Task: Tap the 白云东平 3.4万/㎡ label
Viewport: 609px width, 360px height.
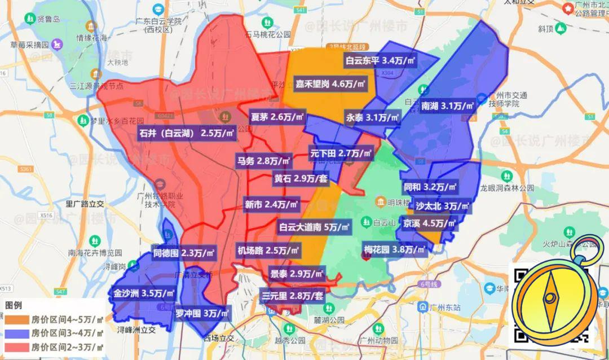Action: (x=381, y=60)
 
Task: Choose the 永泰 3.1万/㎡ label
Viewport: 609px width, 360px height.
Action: (x=373, y=118)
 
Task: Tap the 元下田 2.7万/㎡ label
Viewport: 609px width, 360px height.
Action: (x=341, y=152)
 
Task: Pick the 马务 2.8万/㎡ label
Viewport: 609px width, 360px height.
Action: (x=264, y=161)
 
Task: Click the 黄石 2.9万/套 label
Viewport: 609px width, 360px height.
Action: (x=301, y=178)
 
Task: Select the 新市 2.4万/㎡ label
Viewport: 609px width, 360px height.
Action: (x=271, y=204)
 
